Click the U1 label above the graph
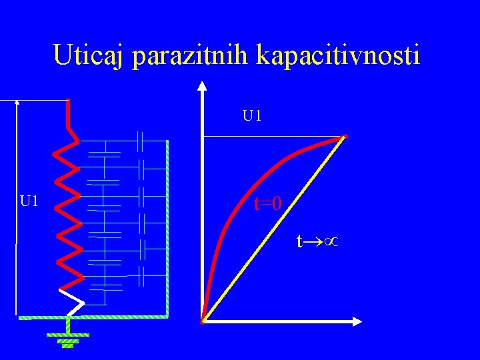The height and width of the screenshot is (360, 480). click(x=252, y=117)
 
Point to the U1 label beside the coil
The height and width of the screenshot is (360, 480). click(x=29, y=201)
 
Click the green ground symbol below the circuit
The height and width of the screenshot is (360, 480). click(x=67, y=337)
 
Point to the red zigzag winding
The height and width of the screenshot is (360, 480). click(x=67, y=213)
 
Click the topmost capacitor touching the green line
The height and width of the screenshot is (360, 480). click(x=141, y=141)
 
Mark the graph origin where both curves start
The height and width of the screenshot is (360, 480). click(x=203, y=322)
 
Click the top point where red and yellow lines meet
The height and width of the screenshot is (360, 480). click(x=345, y=137)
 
